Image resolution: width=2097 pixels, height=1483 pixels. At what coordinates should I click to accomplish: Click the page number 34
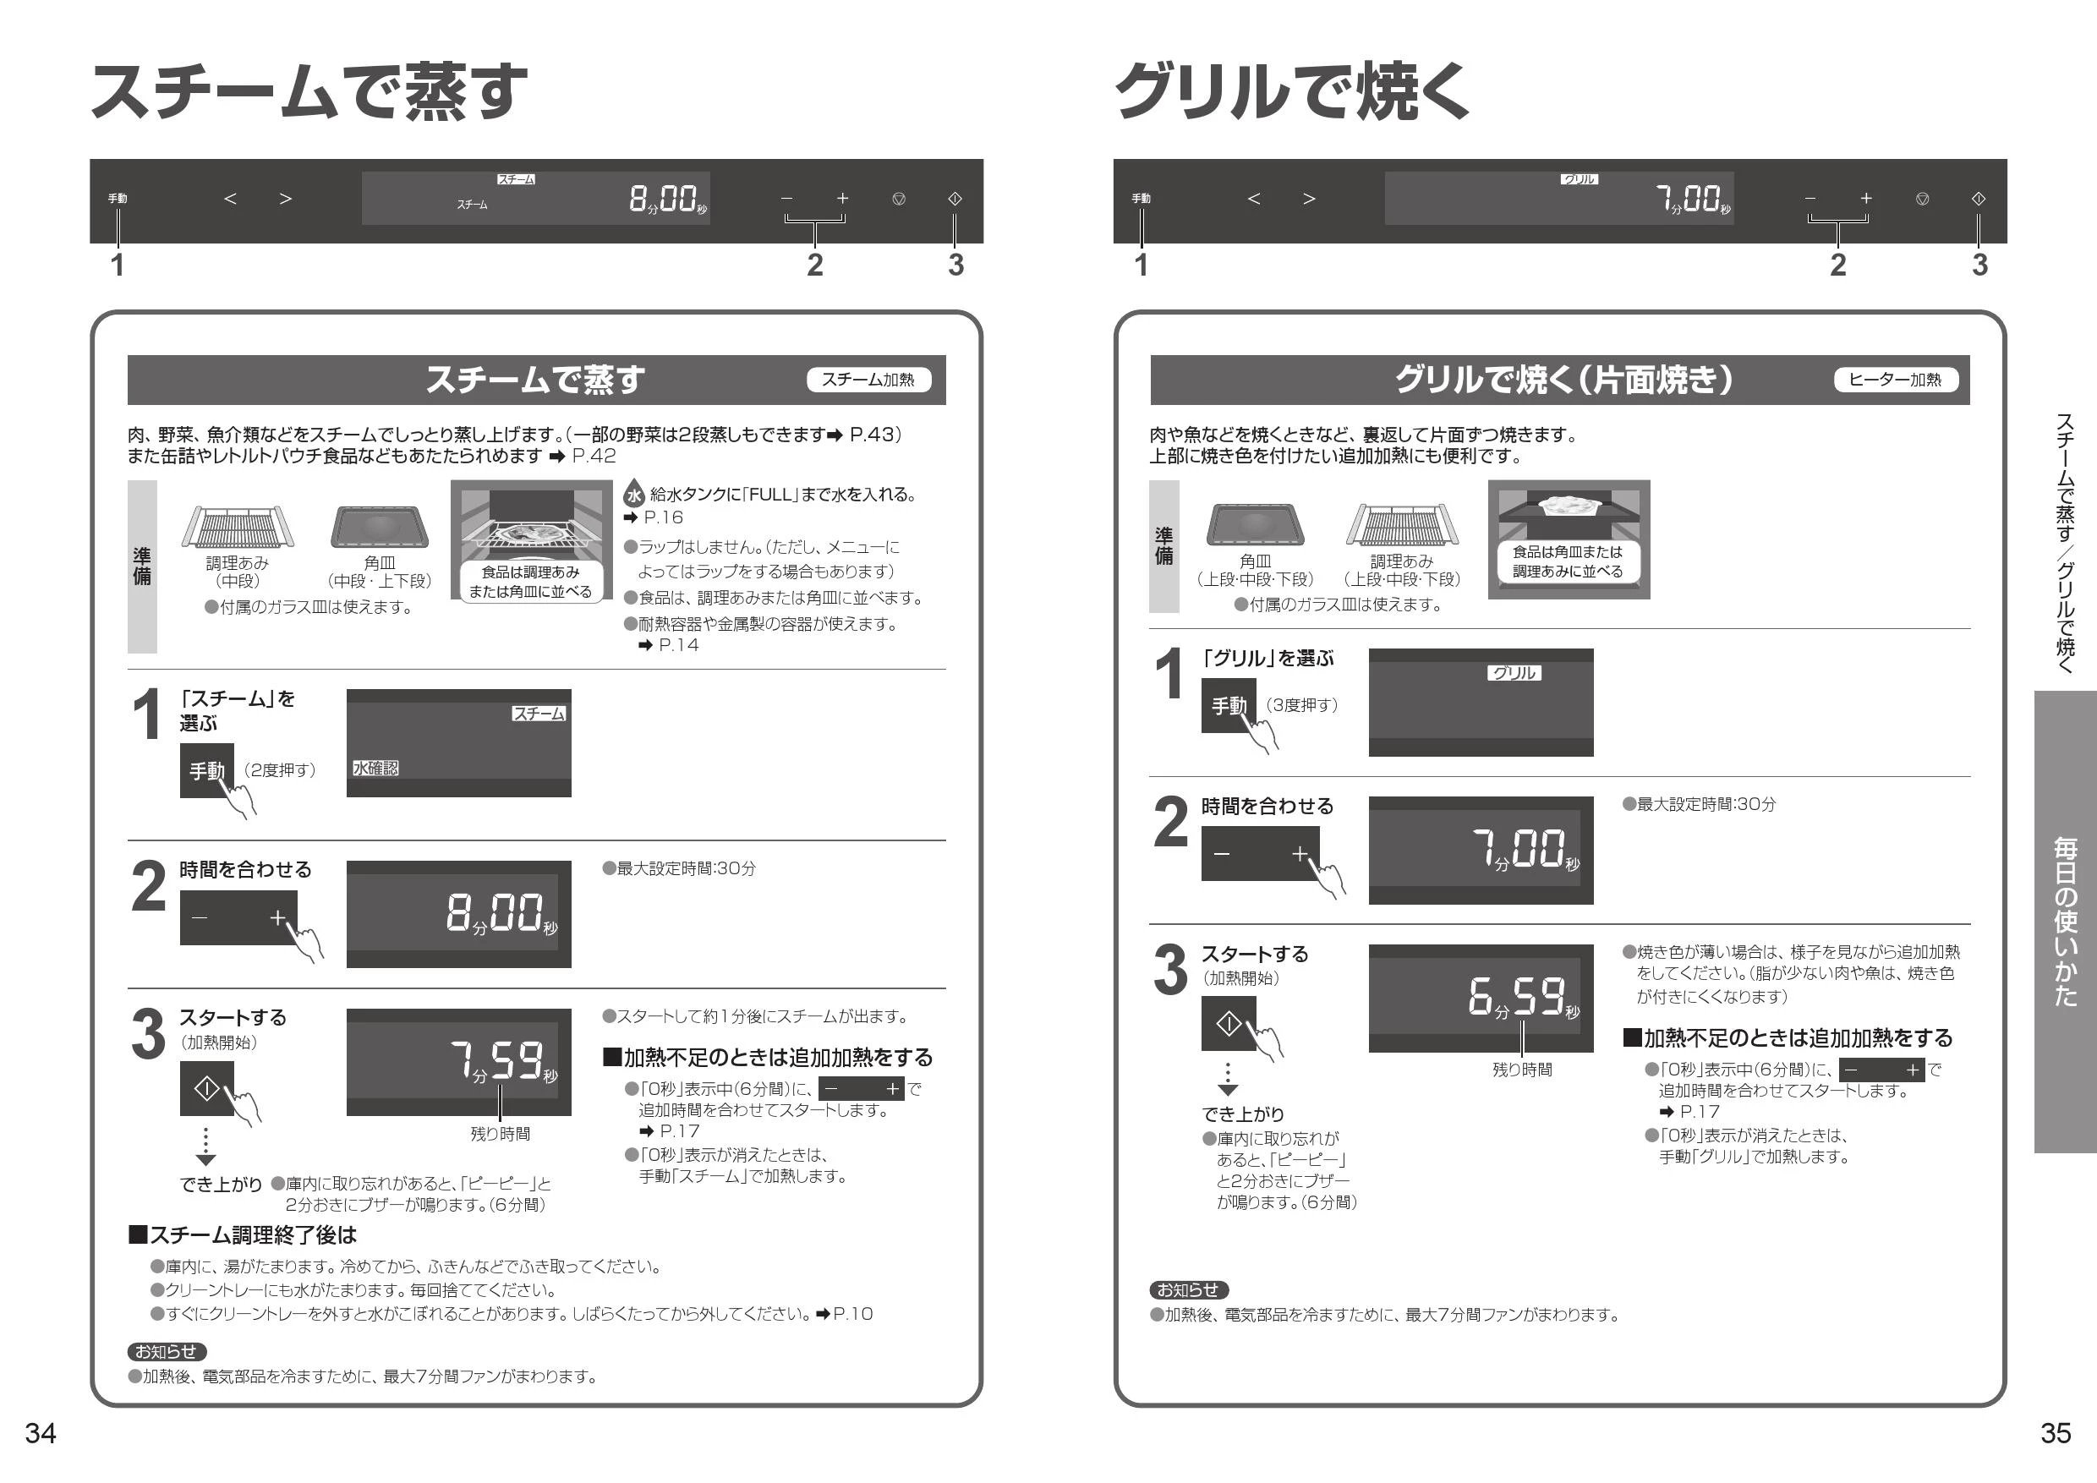[41, 1433]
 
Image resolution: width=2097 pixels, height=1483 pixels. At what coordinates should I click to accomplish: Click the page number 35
[2055, 1433]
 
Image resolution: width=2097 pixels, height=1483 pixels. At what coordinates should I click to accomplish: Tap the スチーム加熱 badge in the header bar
[868, 380]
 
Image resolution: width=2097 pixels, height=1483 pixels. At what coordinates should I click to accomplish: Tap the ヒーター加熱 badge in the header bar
[1896, 380]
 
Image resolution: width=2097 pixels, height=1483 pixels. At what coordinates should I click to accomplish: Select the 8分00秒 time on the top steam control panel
[668, 199]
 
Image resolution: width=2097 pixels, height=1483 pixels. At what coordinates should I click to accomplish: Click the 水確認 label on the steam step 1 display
[375, 769]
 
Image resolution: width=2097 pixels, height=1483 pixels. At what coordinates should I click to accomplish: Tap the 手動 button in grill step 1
[1229, 706]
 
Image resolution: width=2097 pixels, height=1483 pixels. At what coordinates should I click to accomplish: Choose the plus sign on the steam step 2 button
[277, 917]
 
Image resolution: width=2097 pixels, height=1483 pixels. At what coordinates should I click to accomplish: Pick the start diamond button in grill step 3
[1229, 1025]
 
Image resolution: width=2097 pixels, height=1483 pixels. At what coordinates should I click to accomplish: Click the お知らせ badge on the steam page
[167, 1351]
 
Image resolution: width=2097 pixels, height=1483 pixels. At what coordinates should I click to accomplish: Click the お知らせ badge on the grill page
[1188, 1290]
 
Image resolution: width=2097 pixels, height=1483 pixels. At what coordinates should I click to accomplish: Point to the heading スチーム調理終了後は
[242, 1235]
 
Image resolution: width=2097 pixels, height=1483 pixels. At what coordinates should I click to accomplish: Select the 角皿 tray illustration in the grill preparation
[1256, 524]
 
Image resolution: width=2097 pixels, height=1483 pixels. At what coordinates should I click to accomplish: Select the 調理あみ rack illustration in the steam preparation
[238, 526]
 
